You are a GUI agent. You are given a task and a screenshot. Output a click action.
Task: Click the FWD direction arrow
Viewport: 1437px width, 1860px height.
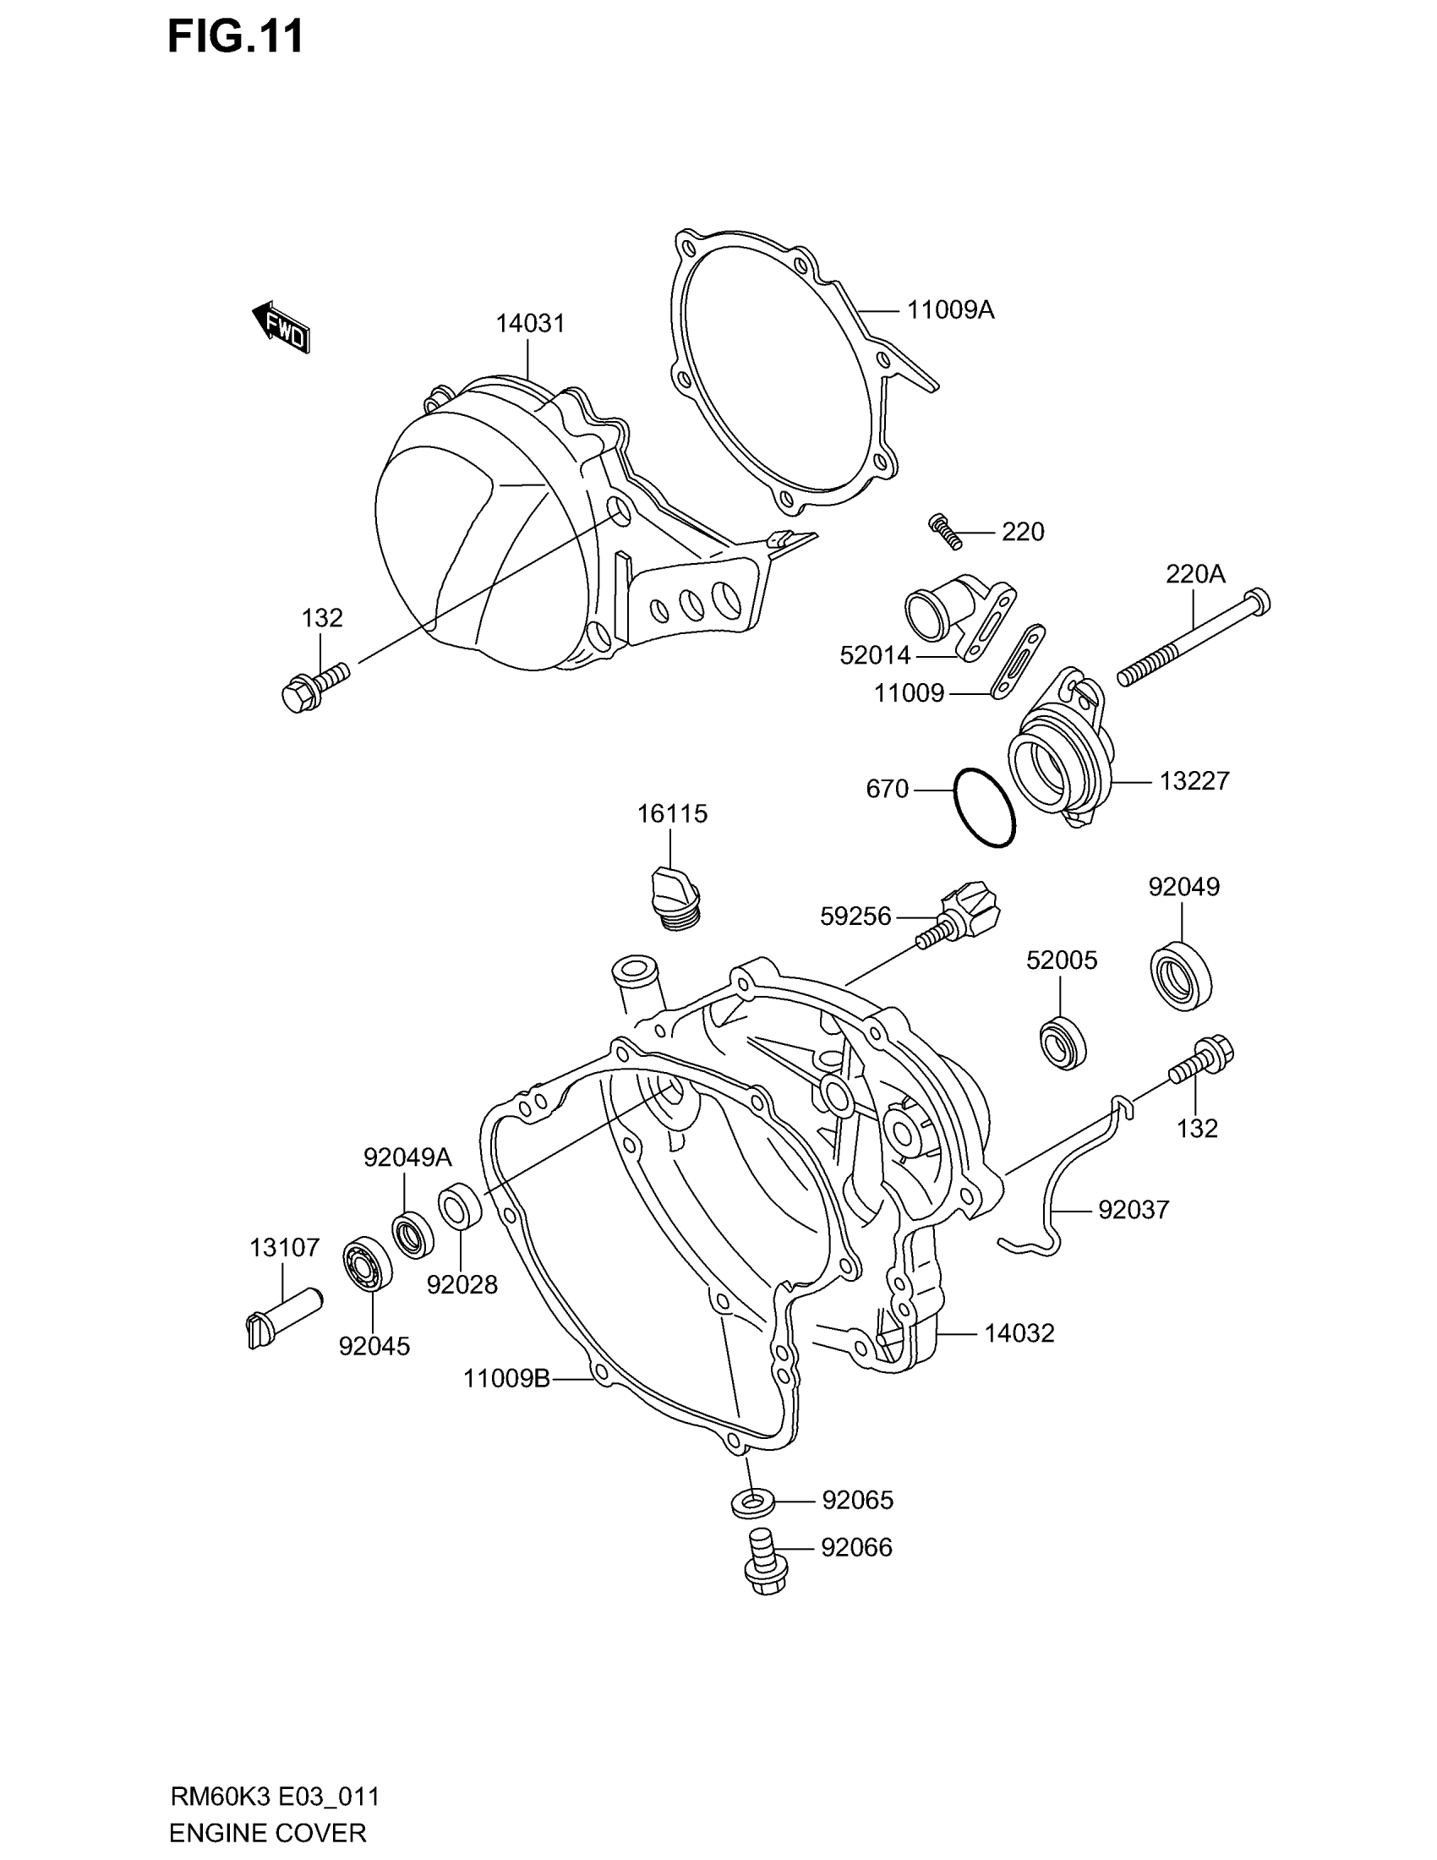[281, 327]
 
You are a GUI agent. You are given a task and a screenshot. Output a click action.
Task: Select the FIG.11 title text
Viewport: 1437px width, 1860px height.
[235, 38]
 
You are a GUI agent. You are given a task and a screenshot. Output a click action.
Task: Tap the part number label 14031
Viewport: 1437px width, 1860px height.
[530, 324]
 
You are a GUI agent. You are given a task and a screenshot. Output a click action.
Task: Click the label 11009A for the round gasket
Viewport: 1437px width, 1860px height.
[950, 310]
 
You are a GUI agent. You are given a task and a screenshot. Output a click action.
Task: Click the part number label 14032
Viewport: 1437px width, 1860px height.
[1019, 1332]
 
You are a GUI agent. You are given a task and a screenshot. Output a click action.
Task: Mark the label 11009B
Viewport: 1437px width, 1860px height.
[506, 1377]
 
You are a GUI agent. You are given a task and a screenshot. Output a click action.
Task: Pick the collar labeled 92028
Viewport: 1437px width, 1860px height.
[462, 1206]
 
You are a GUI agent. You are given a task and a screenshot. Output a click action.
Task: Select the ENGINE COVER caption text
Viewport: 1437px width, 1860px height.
[267, 1832]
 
